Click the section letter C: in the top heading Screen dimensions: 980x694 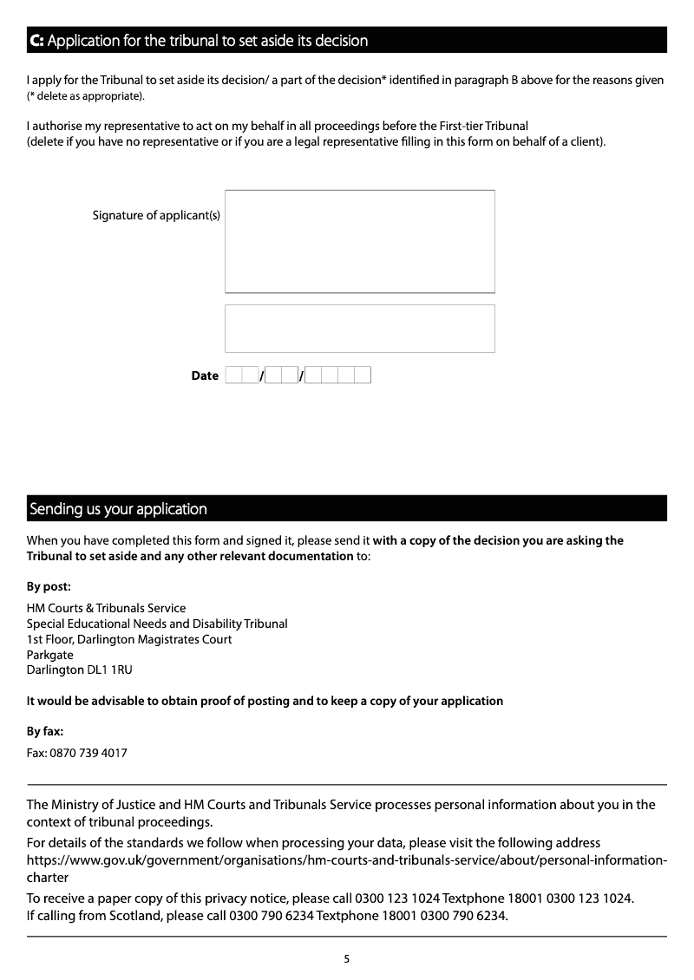(36, 41)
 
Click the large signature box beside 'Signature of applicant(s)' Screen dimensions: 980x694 (359, 241)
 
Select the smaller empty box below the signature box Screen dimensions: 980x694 (359, 328)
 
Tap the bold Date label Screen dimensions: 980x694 (205, 376)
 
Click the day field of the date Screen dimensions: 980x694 (242, 376)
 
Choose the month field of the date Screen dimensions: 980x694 (281, 376)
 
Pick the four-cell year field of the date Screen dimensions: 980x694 (338, 376)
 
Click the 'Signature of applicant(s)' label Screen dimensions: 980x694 (156, 215)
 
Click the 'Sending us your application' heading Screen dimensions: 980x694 (119, 509)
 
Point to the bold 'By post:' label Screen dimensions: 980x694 (49, 586)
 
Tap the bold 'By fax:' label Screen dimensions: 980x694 (45, 731)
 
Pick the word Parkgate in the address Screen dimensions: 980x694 (50, 655)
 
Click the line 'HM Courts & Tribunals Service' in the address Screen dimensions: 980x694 (106, 608)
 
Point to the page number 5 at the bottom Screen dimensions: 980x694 (347, 958)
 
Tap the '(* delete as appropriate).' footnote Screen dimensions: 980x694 (86, 95)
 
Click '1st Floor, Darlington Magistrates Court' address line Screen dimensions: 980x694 (129, 639)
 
